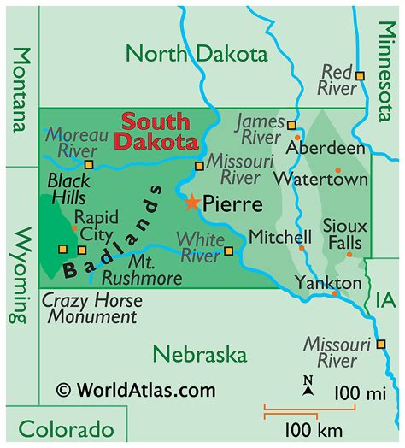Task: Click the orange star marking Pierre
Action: pos(192,203)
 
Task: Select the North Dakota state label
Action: pos(197,54)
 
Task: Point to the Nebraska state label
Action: pos(200,354)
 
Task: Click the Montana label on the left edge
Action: pos(21,88)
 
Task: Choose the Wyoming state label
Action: pos(21,274)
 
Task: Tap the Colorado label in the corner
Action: pos(66,428)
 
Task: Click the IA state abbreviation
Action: pos(384,299)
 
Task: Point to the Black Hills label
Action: pos(68,189)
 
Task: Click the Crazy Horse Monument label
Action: pos(92,309)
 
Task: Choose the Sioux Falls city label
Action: pos(345,234)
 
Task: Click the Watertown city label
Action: pos(321,179)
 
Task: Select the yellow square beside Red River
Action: pos(360,75)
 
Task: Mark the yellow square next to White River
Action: pos(228,251)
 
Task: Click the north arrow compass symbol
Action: pos(308,386)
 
